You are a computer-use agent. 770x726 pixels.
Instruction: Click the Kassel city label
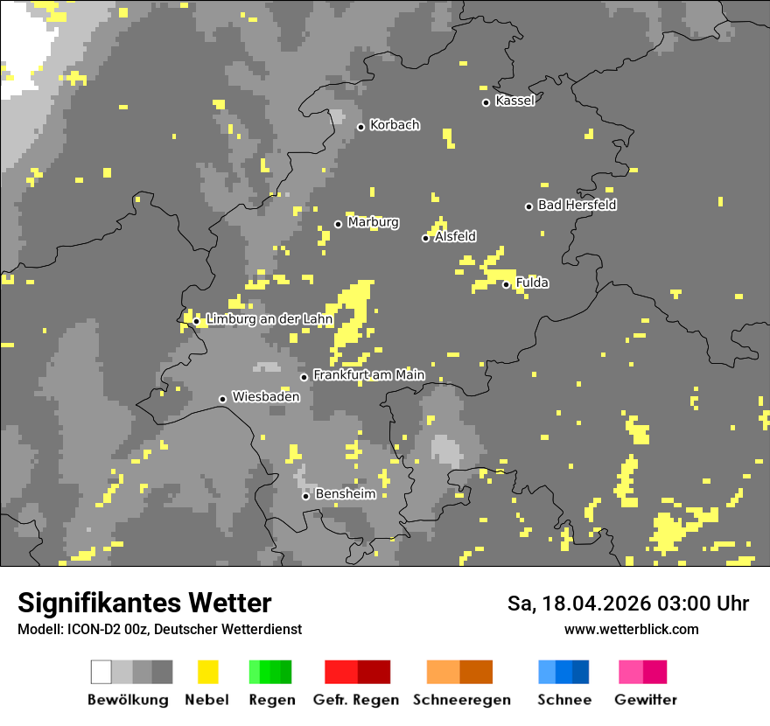point(514,101)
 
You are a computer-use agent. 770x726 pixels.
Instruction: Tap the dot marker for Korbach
point(360,127)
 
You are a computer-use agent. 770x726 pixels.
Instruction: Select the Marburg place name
point(373,222)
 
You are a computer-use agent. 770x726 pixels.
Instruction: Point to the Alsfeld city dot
point(425,238)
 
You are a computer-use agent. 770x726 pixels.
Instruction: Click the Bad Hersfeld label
point(577,205)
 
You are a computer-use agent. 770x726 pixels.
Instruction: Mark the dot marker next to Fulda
point(506,284)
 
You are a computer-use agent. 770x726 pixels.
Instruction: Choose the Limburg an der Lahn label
point(269,320)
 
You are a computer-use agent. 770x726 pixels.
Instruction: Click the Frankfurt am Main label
point(368,375)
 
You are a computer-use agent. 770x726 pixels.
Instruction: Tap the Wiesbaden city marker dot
point(222,399)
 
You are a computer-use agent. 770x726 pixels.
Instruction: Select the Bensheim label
point(345,494)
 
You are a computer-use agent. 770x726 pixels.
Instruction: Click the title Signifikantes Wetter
point(144,604)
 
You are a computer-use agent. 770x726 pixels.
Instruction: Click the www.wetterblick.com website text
point(631,630)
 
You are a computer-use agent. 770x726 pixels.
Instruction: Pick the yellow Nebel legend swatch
point(207,672)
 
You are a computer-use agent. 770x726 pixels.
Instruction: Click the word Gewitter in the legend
point(645,700)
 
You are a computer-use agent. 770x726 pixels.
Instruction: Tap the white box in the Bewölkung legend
point(101,672)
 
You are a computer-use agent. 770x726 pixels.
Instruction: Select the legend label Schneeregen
point(461,700)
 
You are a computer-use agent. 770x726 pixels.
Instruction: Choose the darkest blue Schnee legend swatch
point(580,672)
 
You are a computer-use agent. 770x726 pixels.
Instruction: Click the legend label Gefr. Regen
point(356,700)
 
